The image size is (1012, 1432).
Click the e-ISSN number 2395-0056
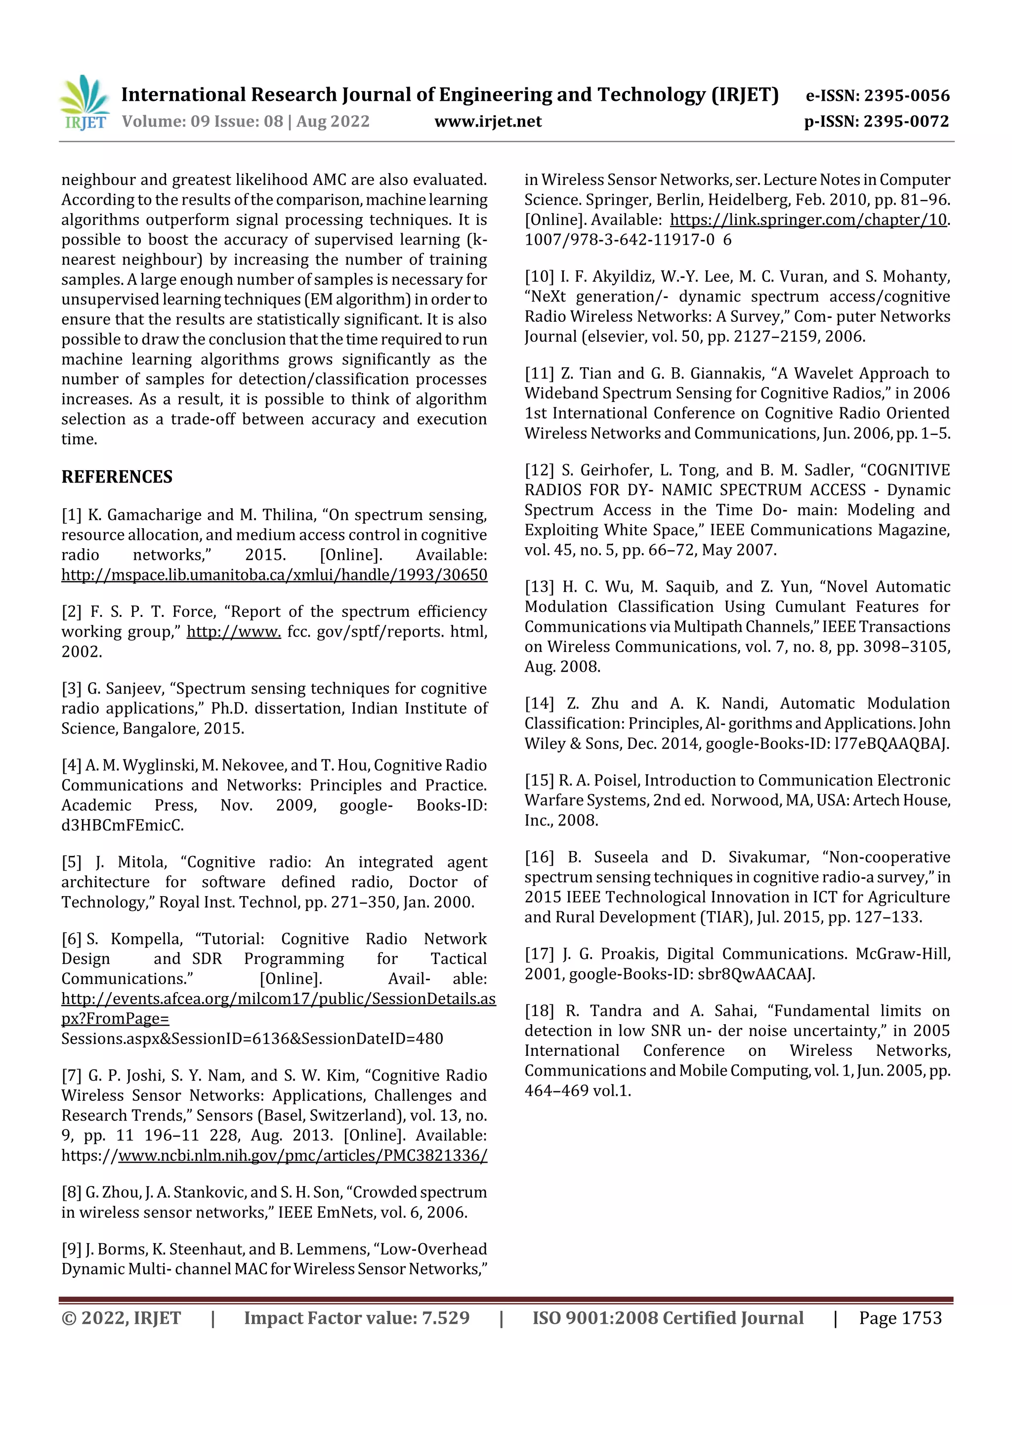pos(907,95)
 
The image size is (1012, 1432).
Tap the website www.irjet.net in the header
pos(488,122)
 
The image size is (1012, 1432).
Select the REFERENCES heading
pos(117,477)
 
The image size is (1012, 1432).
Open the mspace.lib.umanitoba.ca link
pos(274,574)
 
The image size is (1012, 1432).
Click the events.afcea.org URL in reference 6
pos(278,998)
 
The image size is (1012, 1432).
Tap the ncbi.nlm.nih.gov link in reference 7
pos(302,1155)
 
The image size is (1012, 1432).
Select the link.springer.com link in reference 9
pos(808,219)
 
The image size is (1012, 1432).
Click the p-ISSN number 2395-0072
pos(906,122)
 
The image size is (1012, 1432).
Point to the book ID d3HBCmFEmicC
pos(122,825)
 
